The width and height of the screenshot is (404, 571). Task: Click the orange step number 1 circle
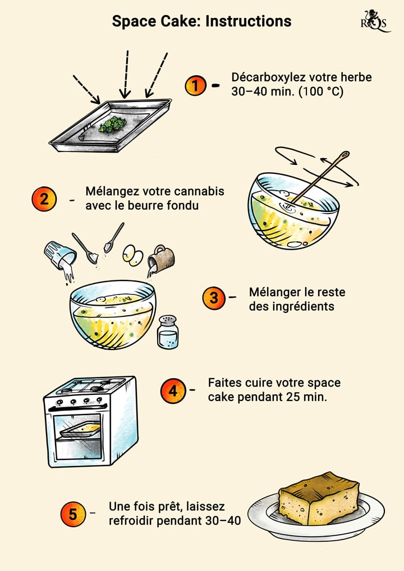[195, 86]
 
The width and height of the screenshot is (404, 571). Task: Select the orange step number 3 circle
[213, 298]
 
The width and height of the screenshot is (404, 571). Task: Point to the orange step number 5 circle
[74, 514]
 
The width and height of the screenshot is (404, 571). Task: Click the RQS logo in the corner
[374, 21]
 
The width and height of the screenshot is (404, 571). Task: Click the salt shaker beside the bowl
[167, 332]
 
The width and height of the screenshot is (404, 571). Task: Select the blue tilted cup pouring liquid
[60, 255]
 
